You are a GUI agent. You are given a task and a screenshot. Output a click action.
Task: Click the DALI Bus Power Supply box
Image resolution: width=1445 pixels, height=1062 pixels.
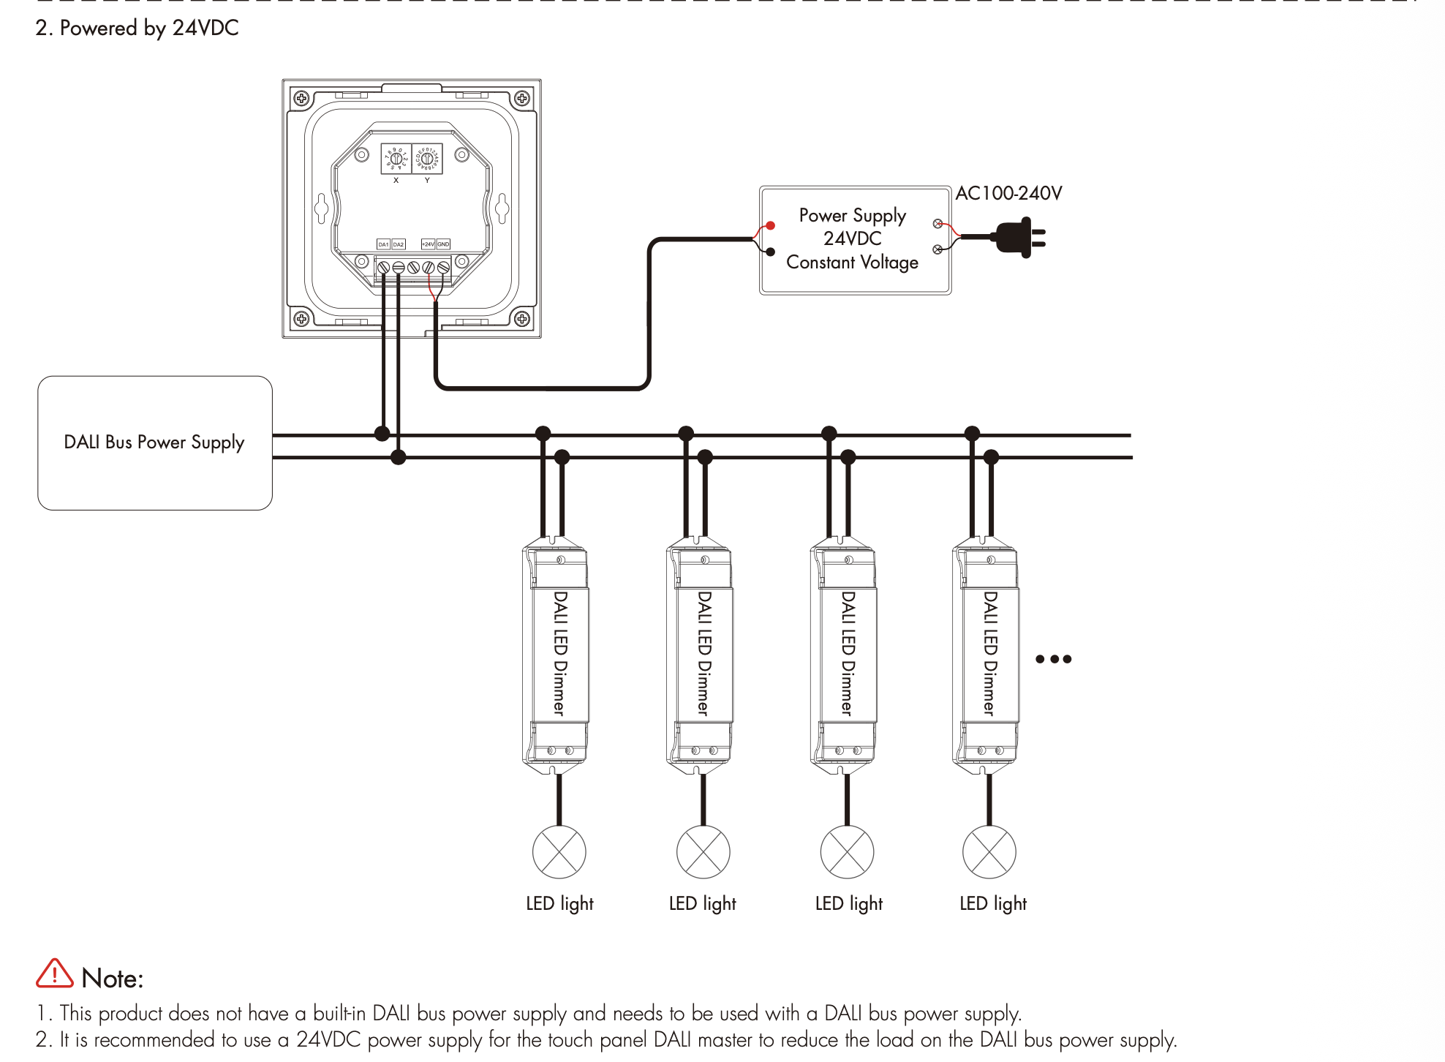(x=154, y=442)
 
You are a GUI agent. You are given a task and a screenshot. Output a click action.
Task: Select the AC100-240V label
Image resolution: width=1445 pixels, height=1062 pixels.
(x=1008, y=193)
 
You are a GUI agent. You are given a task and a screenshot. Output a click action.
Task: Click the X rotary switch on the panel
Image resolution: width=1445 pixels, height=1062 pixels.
(x=396, y=158)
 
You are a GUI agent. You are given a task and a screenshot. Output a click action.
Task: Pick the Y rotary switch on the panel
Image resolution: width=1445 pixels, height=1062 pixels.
(x=427, y=158)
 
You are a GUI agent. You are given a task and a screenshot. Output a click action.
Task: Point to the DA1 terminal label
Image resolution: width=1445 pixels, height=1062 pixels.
(x=383, y=244)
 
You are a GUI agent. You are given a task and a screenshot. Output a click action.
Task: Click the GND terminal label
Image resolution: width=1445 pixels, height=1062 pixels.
(x=443, y=244)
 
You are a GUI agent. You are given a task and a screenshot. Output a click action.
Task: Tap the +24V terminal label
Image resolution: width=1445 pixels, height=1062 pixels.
(x=429, y=244)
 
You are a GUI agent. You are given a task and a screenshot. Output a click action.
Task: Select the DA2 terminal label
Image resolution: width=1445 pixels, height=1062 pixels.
(x=399, y=244)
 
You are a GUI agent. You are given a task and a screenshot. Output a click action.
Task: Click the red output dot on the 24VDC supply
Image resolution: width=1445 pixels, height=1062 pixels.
(x=770, y=226)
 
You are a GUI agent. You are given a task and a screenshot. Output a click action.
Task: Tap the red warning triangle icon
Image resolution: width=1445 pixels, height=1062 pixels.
(x=55, y=974)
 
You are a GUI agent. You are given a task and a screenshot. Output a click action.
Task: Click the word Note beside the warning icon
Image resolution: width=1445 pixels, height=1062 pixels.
(x=113, y=979)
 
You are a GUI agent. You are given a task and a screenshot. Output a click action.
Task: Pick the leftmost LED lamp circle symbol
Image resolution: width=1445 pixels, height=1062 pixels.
(x=559, y=852)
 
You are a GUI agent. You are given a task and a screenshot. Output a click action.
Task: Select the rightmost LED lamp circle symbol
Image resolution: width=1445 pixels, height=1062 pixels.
(x=989, y=852)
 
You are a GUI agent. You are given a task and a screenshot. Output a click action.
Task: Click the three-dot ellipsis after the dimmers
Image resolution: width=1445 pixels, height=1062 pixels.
(x=1054, y=659)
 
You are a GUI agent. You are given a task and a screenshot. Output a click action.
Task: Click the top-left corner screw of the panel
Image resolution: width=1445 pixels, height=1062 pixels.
(x=301, y=98)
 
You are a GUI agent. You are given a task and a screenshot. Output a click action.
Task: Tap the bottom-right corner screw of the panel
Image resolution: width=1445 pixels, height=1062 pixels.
(x=522, y=318)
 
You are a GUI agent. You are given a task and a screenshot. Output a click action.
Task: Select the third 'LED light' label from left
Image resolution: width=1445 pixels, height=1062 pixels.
(x=849, y=904)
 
